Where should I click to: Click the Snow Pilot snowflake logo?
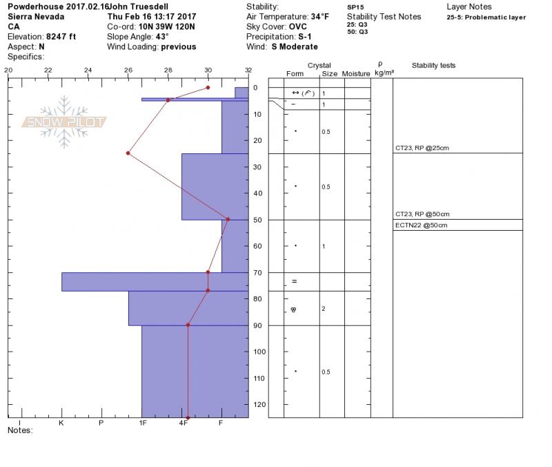(64, 122)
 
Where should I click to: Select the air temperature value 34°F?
(319, 17)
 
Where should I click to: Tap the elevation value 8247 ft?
(61, 37)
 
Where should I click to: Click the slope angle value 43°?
(162, 37)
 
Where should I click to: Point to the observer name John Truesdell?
(139, 7)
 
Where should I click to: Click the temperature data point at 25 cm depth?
(128, 153)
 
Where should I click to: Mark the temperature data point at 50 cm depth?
(228, 219)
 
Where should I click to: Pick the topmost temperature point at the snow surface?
(208, 88)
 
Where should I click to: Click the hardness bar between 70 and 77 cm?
(155, 282)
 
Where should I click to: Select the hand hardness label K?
(61, 423)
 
